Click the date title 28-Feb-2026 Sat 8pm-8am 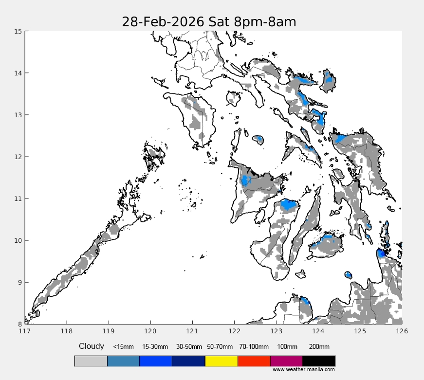(x=209, y=22)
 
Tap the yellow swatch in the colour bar (x=221, y=361)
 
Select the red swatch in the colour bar (x=254, y=361)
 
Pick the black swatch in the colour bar (x=319, y=361)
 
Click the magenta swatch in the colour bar (x=286, y=361)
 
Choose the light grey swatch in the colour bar (x=91, y=361)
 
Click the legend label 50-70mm (x=221, y=347)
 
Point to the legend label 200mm (x=319, y=347)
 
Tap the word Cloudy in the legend (x=92, y=346)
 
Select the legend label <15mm (x=123, y=347)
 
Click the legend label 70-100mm (x=254, y=347)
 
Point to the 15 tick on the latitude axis (x=18, y=31)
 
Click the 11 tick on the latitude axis (x=18, y=199)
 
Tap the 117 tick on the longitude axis (x=25, y=331)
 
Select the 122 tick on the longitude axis (x=234, y=331)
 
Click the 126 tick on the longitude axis (x=402, y=331)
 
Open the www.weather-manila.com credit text (x=303, y=370)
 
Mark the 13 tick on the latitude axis (x=18, y=115)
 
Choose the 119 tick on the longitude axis (x=109, y=331)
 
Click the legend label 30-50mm (x=188, y=347)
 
